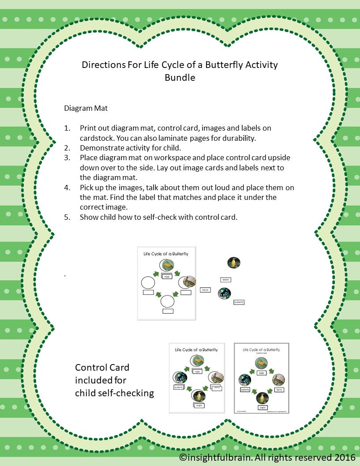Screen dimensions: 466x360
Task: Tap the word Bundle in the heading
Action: [180, 78]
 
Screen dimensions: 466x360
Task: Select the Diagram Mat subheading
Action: [86, 108]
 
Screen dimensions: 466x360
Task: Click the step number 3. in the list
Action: [67, 158]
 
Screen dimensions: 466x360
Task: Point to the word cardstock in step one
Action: [97, 138]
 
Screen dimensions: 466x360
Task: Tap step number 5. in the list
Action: [67, 217]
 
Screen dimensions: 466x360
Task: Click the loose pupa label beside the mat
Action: [225, 279]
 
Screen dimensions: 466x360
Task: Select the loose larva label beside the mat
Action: [205, 290]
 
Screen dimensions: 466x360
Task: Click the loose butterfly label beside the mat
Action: [239, 302]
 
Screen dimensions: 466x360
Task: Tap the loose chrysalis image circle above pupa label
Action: [233, 263]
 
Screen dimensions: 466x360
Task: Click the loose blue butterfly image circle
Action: [225, 294]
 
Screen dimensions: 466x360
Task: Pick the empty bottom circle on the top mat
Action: [167, 301]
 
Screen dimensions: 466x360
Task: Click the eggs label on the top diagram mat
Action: [167, 276]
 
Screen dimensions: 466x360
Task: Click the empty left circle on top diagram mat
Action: [148, 282]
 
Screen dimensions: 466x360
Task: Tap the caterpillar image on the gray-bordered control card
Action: [278, 380]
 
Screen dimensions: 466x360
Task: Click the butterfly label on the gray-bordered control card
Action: [245, 390]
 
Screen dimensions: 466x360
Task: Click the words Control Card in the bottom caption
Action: [102, 368]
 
